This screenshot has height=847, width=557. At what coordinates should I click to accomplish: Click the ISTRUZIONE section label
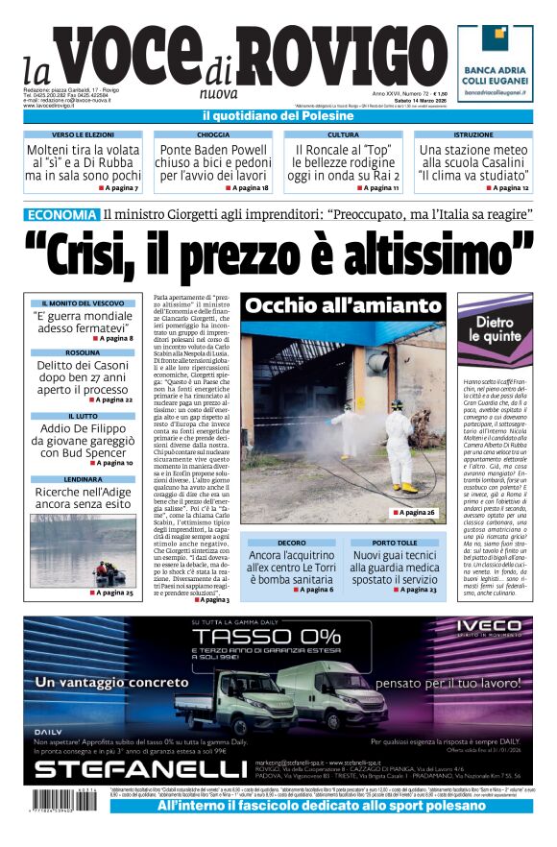(x=472, y=135)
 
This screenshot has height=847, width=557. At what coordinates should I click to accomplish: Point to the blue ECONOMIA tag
(x=61, y=214)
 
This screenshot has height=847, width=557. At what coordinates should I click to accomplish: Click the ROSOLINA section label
(x=83, y=352)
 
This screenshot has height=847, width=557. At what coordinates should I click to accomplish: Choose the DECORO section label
(x=291, y=543)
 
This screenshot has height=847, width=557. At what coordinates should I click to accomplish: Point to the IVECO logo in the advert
(x=481, y=631)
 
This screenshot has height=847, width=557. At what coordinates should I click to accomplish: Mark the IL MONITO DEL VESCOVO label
(x=83, y=303)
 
